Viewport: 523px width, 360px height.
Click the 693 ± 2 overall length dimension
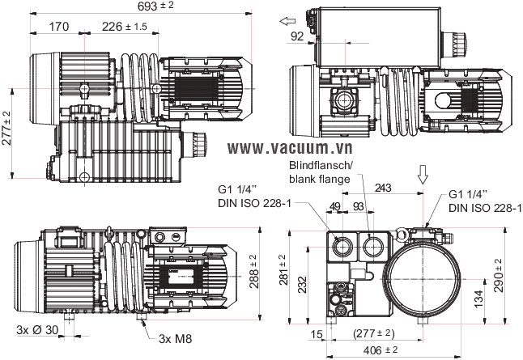click(x=155, y=6)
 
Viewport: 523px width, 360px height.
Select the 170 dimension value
click(x=59, y=27)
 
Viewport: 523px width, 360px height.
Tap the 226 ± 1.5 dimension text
click(x=125, y=27)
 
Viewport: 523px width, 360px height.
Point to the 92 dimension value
click(x=297, y=36)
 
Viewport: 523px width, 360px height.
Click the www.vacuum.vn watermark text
click(x=290, y=148)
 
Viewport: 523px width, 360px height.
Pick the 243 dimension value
click(x=383, y=188)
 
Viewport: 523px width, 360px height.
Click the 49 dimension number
click(x=335, y=206)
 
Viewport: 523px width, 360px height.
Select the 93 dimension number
click(x=358, y=206)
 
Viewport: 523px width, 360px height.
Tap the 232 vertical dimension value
click(x=302, y=284)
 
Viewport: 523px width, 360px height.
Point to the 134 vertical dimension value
click(x=478, y=299)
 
